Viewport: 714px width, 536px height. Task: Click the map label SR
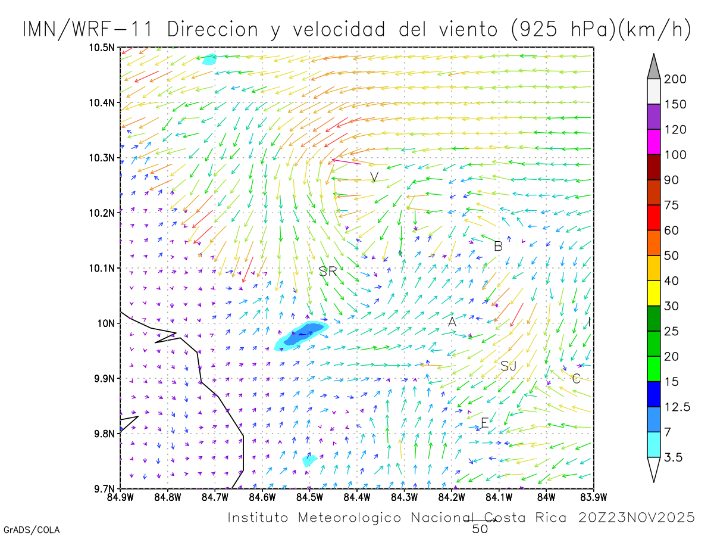[x=328, y=272]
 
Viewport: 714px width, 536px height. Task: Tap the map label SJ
[x=508, y=366]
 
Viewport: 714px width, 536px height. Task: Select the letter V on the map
[x=374, y=177]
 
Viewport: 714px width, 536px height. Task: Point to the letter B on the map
[x=499, y=246]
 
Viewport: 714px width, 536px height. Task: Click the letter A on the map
[x=452, y=322]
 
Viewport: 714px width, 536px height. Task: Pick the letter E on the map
[x=484, y=423]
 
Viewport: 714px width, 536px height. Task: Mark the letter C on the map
[x=576, y=378]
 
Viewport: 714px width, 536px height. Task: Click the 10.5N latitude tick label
[x=102, y=48]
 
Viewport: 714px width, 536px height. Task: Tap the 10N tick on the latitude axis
[x=106, y=323]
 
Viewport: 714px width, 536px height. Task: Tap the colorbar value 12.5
[x=677, y=407]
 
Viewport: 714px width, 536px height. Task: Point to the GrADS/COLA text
[x=32, y=529]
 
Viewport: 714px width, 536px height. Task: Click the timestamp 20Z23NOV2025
[x=637, y=518]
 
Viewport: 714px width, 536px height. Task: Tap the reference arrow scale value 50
[x=480, y=528]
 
